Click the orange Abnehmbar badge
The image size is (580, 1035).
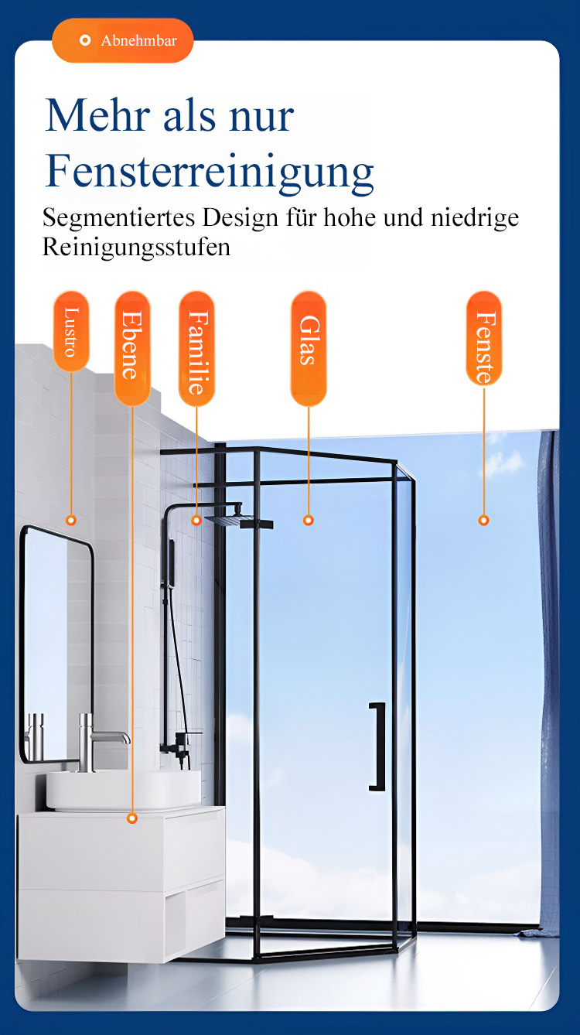click(122, 41)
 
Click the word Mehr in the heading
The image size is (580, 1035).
click(98, 115)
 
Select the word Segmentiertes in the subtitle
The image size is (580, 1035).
click(118, 218)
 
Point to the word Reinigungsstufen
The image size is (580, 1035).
click(136, 248)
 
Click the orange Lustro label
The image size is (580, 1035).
click(71, 331)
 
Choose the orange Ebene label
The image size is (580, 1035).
click(132, 348)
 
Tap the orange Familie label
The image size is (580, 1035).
click(196, 348)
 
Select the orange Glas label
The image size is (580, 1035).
click(309, 348)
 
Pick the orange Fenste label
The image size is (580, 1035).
click(484, 339)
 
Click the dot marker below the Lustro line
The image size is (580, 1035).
click(70, 521)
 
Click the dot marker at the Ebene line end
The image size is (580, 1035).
click(132, 818)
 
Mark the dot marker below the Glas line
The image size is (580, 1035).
click(309, 521)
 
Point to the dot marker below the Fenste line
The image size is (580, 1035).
click(483, 521)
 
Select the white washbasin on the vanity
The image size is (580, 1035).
click(124, 790)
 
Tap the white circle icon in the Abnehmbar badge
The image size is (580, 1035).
click(85, 41)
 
